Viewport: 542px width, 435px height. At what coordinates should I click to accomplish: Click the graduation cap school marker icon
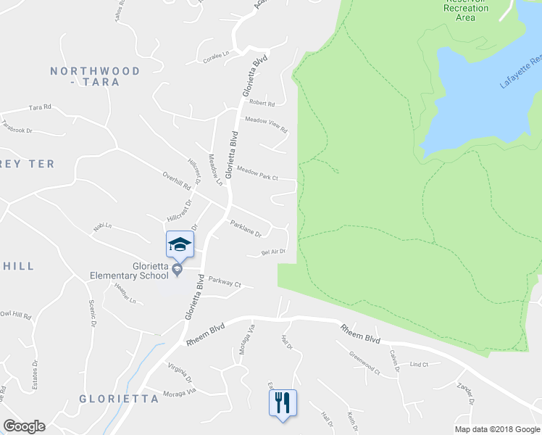pyautogui.click(x=180, y=245)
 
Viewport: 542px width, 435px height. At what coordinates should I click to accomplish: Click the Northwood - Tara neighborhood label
pyautogui.click(x=95, y=78)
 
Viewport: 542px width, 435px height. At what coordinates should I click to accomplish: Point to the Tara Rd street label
pyautogui.click(x=40, y=107)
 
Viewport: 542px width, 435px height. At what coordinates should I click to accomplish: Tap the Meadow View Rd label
pyautogui.click(x=266, y=124)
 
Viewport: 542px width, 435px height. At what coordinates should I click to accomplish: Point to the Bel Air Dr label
pyautogui.click(x=273, y=252)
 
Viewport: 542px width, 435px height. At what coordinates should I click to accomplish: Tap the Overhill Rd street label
pyautogui.click(x=176, y=181)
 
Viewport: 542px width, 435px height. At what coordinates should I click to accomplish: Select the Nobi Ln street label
pyautogui.click(x=102, y=227)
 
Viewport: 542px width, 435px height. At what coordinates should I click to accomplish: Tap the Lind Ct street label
pyautogui.click(x=420, y=365)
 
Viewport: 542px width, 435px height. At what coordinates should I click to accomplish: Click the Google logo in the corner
pyautogui.click(x=24, y=426)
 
